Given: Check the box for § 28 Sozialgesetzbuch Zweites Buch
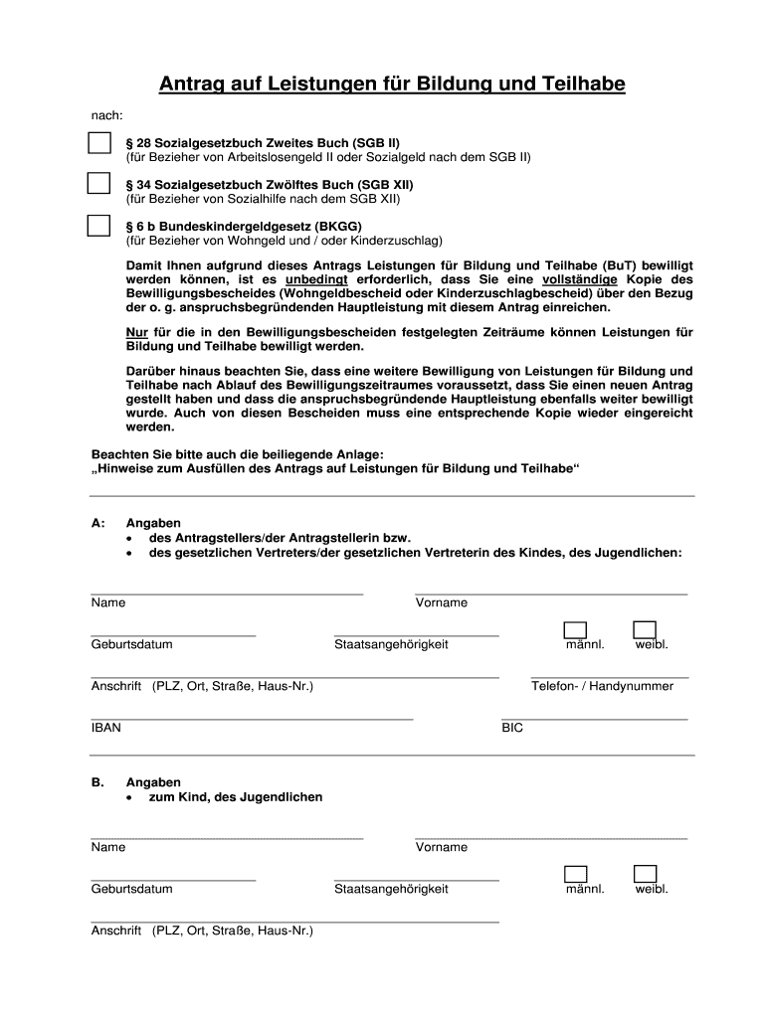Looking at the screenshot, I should tap(98, 143).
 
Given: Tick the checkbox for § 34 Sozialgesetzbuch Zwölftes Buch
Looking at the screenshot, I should tap(98, 184).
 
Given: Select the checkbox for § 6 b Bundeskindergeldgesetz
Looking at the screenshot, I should tap(98, 226).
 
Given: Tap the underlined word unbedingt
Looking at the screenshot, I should tap(316, 280).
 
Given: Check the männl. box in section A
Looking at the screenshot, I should tap(575, 628).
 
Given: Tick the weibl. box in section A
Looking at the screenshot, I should tap(645, 628).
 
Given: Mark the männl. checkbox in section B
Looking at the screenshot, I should tap(575, 874).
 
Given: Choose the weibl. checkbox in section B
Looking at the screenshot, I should tap(645, 874).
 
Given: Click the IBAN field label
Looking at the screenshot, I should tap(106, 728).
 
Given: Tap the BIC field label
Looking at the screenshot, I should tap(512, 728).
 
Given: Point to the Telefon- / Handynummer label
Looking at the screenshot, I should tap(602, 686).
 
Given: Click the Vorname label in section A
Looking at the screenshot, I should tap(442, 602).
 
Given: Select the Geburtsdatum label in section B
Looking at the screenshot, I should tap(131, 889).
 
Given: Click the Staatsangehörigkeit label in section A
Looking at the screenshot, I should tap(391, 644).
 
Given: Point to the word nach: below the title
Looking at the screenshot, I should tap(107, 116).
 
